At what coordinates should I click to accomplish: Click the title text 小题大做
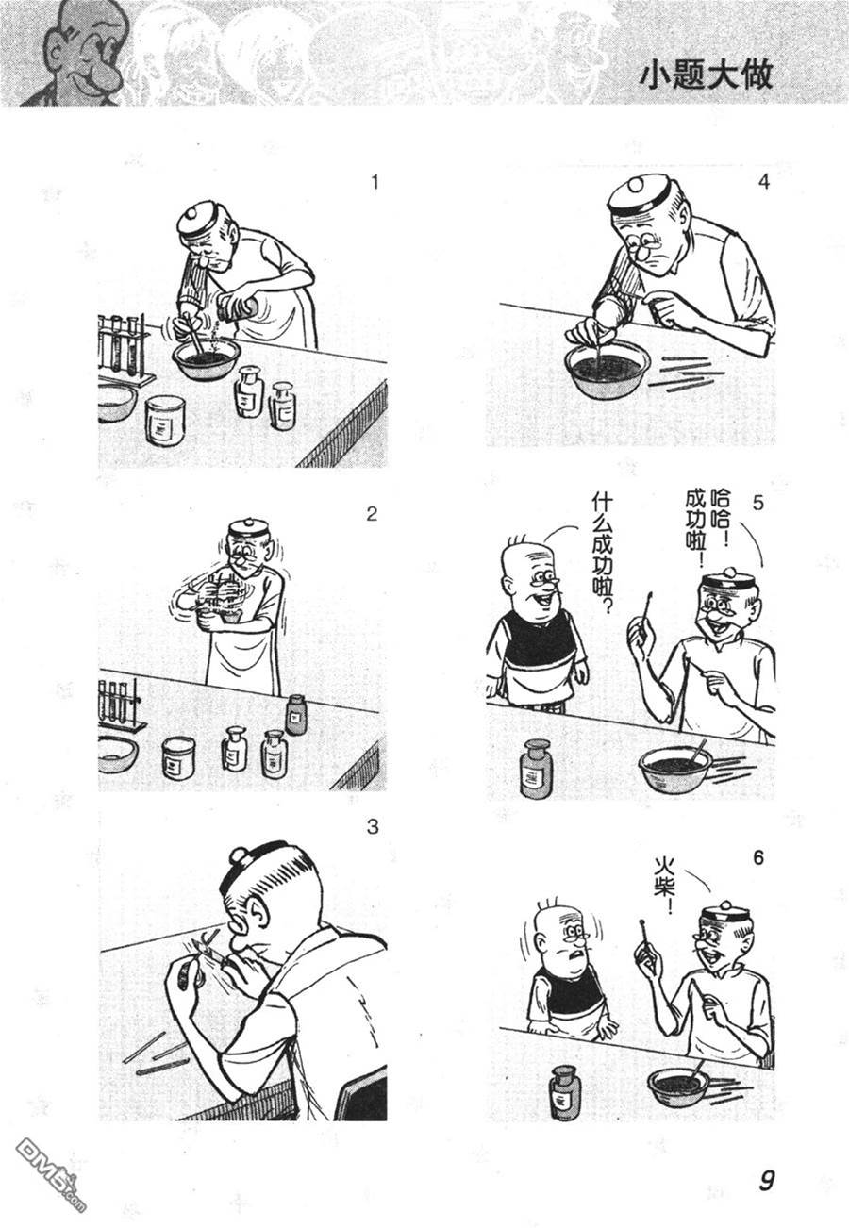tap(706, 75)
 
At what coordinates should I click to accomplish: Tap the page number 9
tap(766, 1180)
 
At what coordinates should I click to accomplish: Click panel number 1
tap(375, 182)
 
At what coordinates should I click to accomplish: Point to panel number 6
tap(757, 857)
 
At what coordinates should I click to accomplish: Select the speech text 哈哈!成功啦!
tap(707, 521)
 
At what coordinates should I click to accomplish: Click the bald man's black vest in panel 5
tap(541, 639)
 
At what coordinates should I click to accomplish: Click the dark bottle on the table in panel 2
tap(295, 714)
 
